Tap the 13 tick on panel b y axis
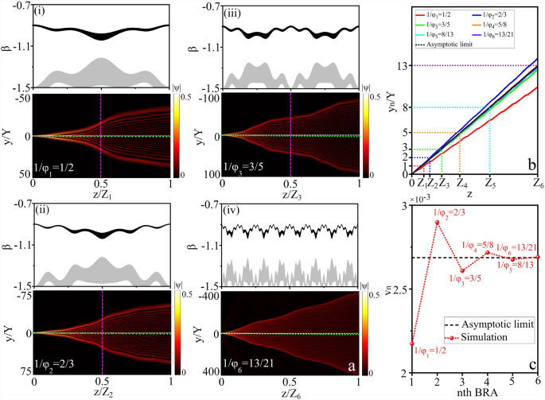tap(404, 65)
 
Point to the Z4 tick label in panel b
tap(460, 184)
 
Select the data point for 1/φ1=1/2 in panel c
tap(412, 344)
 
